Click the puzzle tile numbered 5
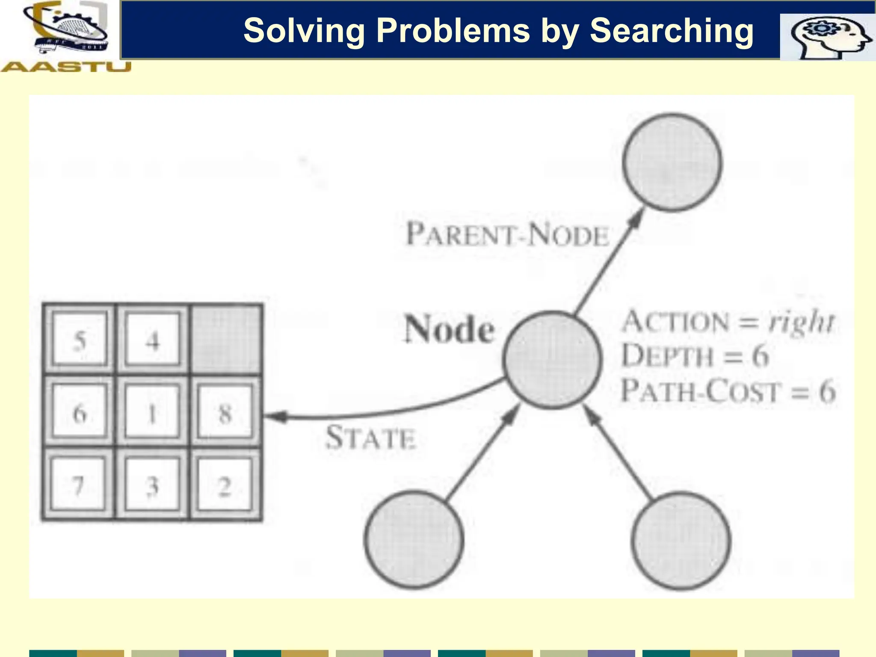click(x=80, y=340)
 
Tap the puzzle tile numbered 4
click(x=152, y=340)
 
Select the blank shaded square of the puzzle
click(x=226, y=339)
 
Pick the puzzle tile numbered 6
click(x=80, y=412)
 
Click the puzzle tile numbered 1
click(x=152, y=412)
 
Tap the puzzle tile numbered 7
click(x=79, y=485)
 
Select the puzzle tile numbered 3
click(x=152, y=485)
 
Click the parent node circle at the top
click(x=672, y=163)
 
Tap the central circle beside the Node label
click(x=552, y=360)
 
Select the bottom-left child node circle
click(x=414, y=540)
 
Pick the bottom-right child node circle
click(x=681, y=541)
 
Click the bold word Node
click(x=450, y=329)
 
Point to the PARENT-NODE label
click(x=507, y=235)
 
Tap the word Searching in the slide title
click(x=672, y=31)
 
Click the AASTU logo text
click(x=66, y=67)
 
